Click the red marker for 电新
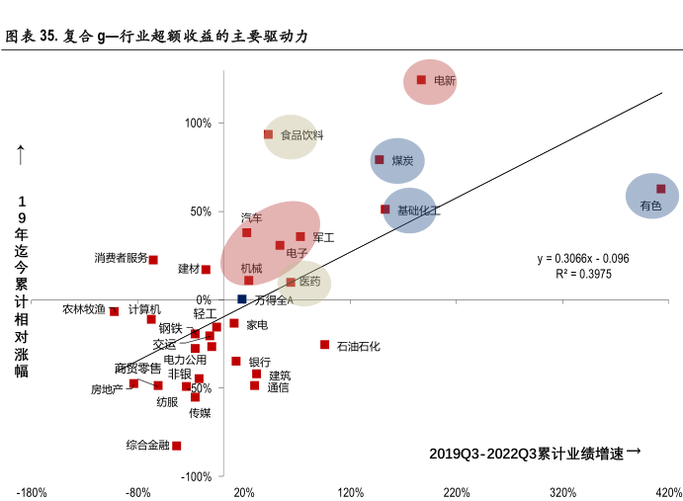(421, 80)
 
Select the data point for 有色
(661, 189)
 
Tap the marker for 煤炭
(380, 159)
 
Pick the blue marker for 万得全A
(242, 298)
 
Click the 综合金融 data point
(177, 446)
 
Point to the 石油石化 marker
(324, 345)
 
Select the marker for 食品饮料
(268, 134)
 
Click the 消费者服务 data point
(153, 260)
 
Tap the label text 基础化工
(418, 210)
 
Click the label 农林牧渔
(84, 309)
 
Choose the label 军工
(323, 237)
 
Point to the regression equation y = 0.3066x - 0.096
(583, 259)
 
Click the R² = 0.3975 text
(583, 273)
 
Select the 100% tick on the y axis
(199, 123)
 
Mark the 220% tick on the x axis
(456, 492)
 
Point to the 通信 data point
(254, 385)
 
